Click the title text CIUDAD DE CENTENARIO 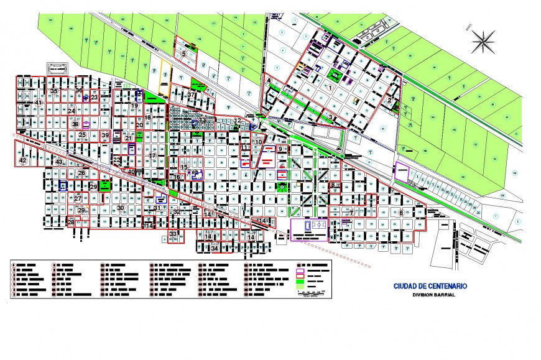point(430,287)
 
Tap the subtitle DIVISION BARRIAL point(433,295)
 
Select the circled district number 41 point(39,103)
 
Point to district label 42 point(23,160)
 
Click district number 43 point(59,162)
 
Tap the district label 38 point(75,124)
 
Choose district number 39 point(105,136)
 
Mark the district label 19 point(134,106)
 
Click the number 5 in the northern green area point(184,54)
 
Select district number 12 point(238,120)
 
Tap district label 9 point(280,149)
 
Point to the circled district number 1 point(330,88)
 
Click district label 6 point(401,213)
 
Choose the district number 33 point(173,234)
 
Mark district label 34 point(215,249)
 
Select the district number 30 point(121,208)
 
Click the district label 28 point(71,222)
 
